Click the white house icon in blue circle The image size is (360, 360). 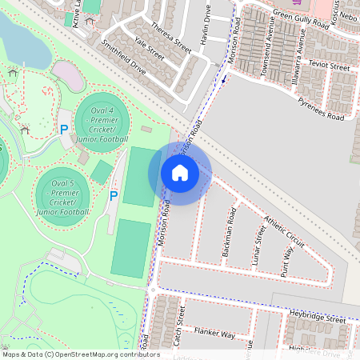(x=180, y=173)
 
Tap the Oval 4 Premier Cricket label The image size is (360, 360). (x=102, y=124)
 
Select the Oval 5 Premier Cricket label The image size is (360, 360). (x=62, y=197)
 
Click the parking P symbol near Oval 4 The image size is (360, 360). (x=63, y=129)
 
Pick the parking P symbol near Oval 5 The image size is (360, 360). (x=114, y=195)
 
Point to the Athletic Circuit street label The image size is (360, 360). (x=284, y=231)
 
